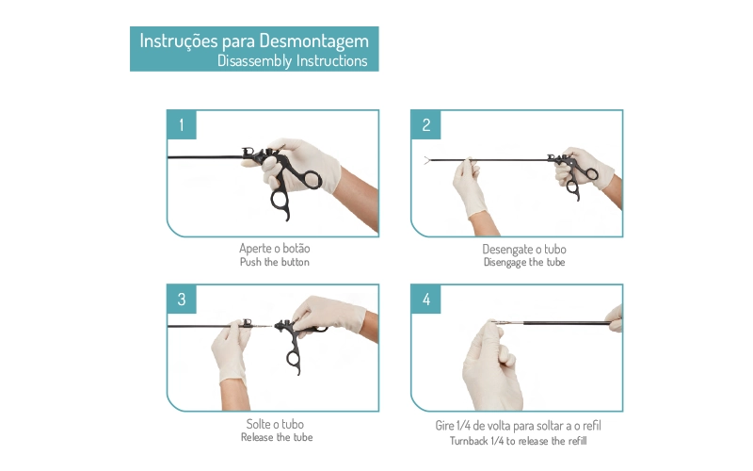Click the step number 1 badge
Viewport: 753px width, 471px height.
pos(182,125)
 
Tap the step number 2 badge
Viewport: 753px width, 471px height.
pos(426,125)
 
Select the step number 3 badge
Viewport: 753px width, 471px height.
pos(182,300)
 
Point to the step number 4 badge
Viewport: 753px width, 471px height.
pos(426,300)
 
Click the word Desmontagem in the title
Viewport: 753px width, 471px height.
pos(314,41)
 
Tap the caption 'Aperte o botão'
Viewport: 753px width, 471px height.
pos(275,249)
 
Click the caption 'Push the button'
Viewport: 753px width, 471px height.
pos(275,262)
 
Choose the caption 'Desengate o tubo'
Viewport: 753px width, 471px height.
pos(524,249)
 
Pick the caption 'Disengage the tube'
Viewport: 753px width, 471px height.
pos(524,263)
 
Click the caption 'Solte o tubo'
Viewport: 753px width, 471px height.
pos(275,424)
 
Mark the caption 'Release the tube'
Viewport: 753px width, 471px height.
pos(277,437)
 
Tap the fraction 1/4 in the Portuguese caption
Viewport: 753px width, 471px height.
pos(463,426)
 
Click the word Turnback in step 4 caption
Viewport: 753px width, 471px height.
pos(468,441)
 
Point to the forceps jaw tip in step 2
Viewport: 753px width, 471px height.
pos(426,160)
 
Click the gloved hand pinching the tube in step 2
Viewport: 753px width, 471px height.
pos(470,188)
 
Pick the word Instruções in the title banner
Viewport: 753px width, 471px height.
pos(179,41)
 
